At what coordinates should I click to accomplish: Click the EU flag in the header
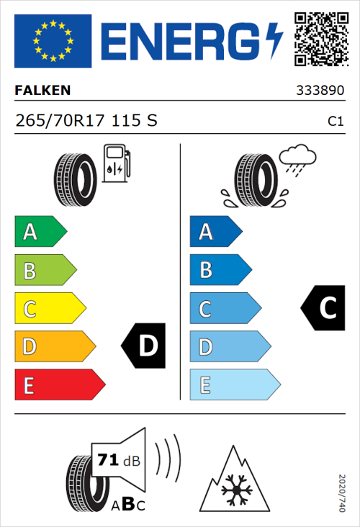[x=53, y=41]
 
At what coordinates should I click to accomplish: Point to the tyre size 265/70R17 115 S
[x=86, y=121]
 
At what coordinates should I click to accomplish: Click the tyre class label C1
[x=335, y=122]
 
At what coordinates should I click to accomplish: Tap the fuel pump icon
[x=115, y=163]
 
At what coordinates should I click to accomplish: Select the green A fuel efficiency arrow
[x=40, y=232]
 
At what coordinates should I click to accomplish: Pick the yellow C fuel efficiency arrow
[x=49, y=309]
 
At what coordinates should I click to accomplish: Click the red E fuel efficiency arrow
[x=58, y=385]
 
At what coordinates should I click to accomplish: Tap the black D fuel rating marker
[x=145, y=346]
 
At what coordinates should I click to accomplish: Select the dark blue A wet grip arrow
[x=215, y=232]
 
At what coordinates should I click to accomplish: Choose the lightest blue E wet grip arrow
[x=233, y=385]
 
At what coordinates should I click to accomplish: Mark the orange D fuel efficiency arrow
[x=54, y=347]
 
